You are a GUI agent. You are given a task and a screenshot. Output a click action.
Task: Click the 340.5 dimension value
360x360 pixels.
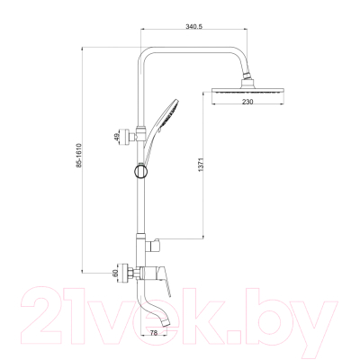pos(194,27)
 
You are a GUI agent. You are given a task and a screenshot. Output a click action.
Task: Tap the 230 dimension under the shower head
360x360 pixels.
pos(247,102)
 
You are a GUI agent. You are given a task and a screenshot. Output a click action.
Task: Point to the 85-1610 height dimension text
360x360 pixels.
pos(79,155)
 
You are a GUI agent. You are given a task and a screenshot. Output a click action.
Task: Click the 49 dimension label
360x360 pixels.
pos(117,137)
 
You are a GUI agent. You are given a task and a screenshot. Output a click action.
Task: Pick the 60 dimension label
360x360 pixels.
pos(114,274)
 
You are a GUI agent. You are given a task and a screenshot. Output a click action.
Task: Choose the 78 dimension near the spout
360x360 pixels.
pos(154,333)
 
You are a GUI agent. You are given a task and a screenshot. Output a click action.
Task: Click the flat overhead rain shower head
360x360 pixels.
pos(247,90)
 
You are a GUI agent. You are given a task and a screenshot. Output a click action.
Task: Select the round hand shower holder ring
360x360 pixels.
pos(140,171)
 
